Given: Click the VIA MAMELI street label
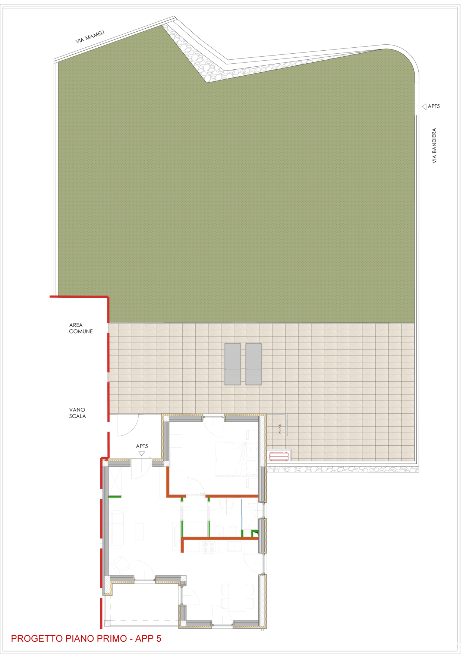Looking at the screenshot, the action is [x=90, y=37].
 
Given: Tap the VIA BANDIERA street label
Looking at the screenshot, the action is [x=434, y=146].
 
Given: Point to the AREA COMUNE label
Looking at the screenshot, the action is [x=81, y=328].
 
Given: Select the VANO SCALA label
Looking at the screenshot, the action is [x=78, y=413].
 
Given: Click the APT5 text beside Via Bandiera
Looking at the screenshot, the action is [x=434, y=106].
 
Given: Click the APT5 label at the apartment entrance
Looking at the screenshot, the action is [x=142, y=446].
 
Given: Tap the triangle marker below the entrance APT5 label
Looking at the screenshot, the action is [x=142, y=454].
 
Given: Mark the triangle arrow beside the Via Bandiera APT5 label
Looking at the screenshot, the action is [x=424, y=107].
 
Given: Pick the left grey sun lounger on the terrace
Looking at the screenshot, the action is [x=233, y=364].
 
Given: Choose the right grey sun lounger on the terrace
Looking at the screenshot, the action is [x=253, y=364].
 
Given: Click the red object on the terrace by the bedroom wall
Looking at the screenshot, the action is [x=279, y=456].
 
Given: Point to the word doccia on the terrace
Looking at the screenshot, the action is [x=280, y=429].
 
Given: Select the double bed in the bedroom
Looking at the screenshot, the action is [x=236, y=459].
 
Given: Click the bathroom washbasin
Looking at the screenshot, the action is [x=226, y=505].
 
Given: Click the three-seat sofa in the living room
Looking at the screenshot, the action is [x=116, y=530].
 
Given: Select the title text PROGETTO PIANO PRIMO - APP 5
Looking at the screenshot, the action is [x=86, y=638].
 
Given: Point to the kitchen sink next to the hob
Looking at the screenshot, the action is [x=235, y=547].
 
